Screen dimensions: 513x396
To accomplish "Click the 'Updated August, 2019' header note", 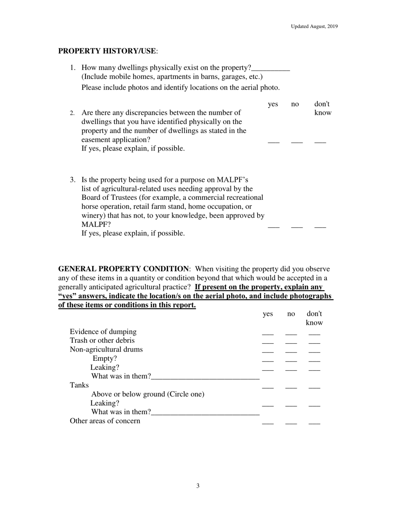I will (x=314, y=26).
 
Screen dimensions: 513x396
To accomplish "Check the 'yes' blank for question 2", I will (x=273, y=142).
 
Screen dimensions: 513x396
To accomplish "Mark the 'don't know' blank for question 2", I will (x=320, y=142).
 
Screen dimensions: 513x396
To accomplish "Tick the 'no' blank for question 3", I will (x=297, y=226).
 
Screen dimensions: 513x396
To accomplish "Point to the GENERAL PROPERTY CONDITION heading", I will (x=123, y=269).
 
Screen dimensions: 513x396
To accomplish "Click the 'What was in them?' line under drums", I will (x=206, y=378).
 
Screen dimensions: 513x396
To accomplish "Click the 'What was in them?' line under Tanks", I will (x=206, y=414).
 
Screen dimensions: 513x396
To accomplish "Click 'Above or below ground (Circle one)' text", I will (x=148, y=394).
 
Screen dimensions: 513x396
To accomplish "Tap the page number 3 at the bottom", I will (x=198, y=485).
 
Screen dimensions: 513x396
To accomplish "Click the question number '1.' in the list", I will (x=73, y=68).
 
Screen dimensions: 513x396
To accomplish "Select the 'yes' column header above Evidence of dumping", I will (x=268, y=314).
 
